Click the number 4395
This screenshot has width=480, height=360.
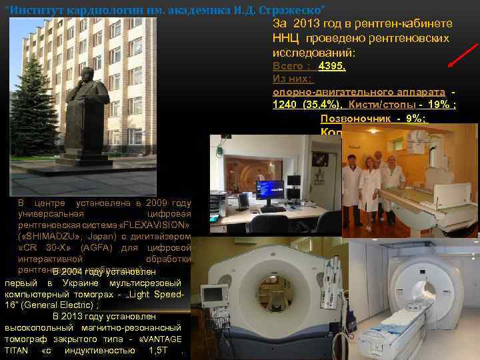(x=332, y=66)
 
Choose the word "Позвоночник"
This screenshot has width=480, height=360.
(x=350, y=119)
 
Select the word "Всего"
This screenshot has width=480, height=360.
(x=287, y=66)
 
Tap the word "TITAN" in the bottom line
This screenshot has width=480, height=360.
(x=17, y=350)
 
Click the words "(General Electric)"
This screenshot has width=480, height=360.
(x=59, y=304)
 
